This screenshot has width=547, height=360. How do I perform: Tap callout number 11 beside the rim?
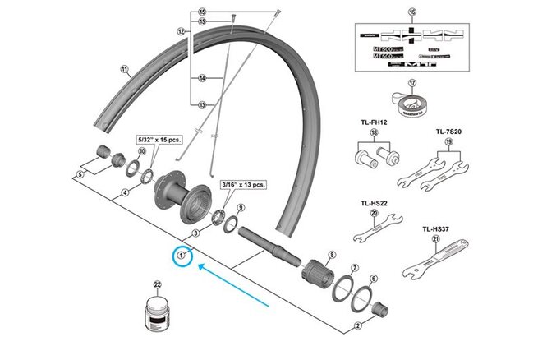(x=124, y=70)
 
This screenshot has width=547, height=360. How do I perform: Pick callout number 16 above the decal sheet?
(x=412, y=12)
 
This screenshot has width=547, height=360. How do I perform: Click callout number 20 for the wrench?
(x=375, y=214)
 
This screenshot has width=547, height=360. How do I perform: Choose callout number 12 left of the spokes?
(x=182, y=31)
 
